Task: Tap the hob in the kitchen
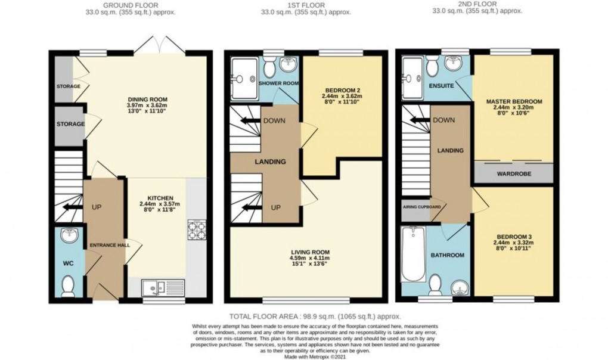tap(196, 229)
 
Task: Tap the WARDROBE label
tap(513, 175)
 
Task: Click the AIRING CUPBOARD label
tap(421, 207)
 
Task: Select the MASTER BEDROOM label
tap(513, 102)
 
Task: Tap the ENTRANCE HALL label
tap(106, 245)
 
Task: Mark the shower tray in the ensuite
tap(412, 76)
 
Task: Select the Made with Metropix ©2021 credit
tap(315, 356)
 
